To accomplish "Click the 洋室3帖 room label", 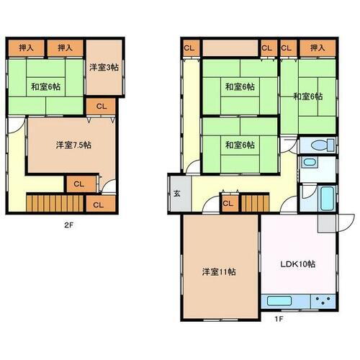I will [104, 67].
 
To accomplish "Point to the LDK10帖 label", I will [297, 264].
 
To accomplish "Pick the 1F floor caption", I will [278, 318].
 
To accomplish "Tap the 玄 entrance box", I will [176, 193].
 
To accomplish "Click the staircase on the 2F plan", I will [51, 202].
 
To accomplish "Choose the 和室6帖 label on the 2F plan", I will [45, 86].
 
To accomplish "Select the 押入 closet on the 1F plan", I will [318, 48].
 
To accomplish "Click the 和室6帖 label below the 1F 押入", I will [307, 96].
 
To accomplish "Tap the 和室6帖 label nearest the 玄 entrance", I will [239, 145].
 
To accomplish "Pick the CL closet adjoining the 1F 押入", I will [286, 48].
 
